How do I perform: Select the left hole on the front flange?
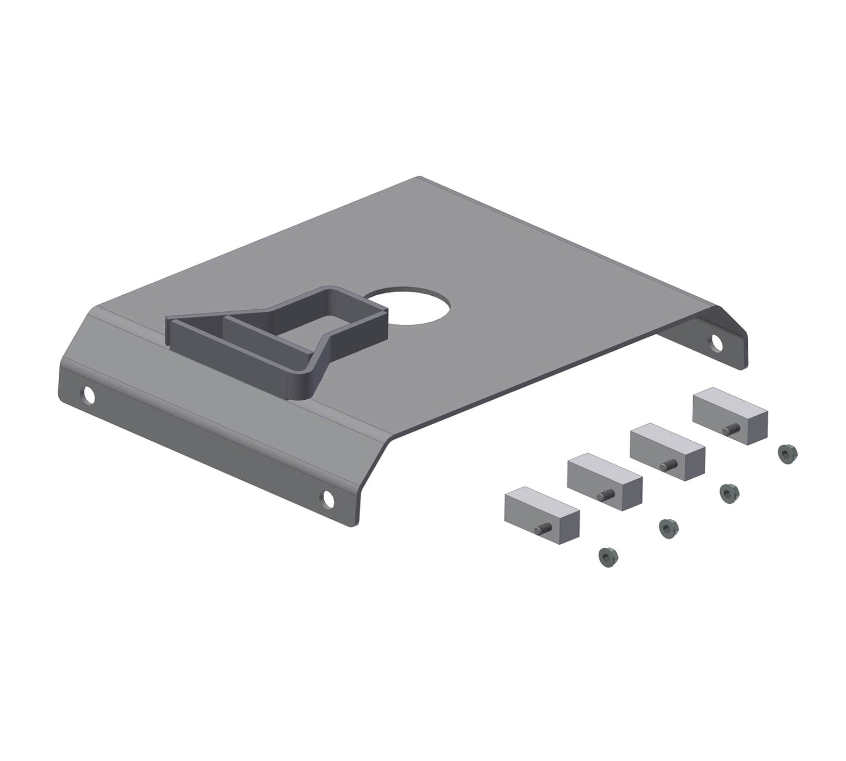click(x=89, y=396)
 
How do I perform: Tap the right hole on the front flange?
click(x=328, y=498)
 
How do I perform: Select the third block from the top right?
click(x=604, y=481)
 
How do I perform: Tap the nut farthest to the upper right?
click(x=787, y=454)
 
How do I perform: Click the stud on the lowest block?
click(x=543, y=530)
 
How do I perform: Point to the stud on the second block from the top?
click(x=668, y=464)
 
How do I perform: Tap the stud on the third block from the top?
click(x=605, y=496)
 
